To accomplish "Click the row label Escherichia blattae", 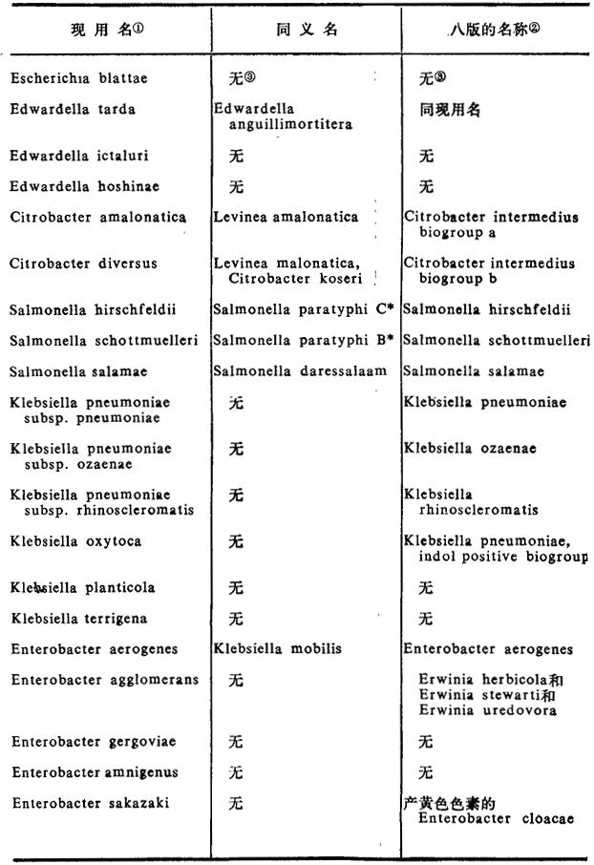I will pyautogui.click(x=72, y=80).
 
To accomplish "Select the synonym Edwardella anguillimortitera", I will pyautogui.click(x=283, y=116).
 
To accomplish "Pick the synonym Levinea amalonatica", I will pyautogui.click(x=286, y=217).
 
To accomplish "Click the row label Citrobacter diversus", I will pyautogui.click(x=83, y=264).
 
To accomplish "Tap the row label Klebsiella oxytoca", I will pyautogui.click(x=75, y=540).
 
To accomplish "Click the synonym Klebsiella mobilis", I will pyautogui.click(x=279, y=649).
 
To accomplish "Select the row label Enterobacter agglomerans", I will pyautogui.click(x=105, y=680).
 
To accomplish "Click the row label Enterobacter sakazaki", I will pyautogui.click(x=90, y=803).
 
